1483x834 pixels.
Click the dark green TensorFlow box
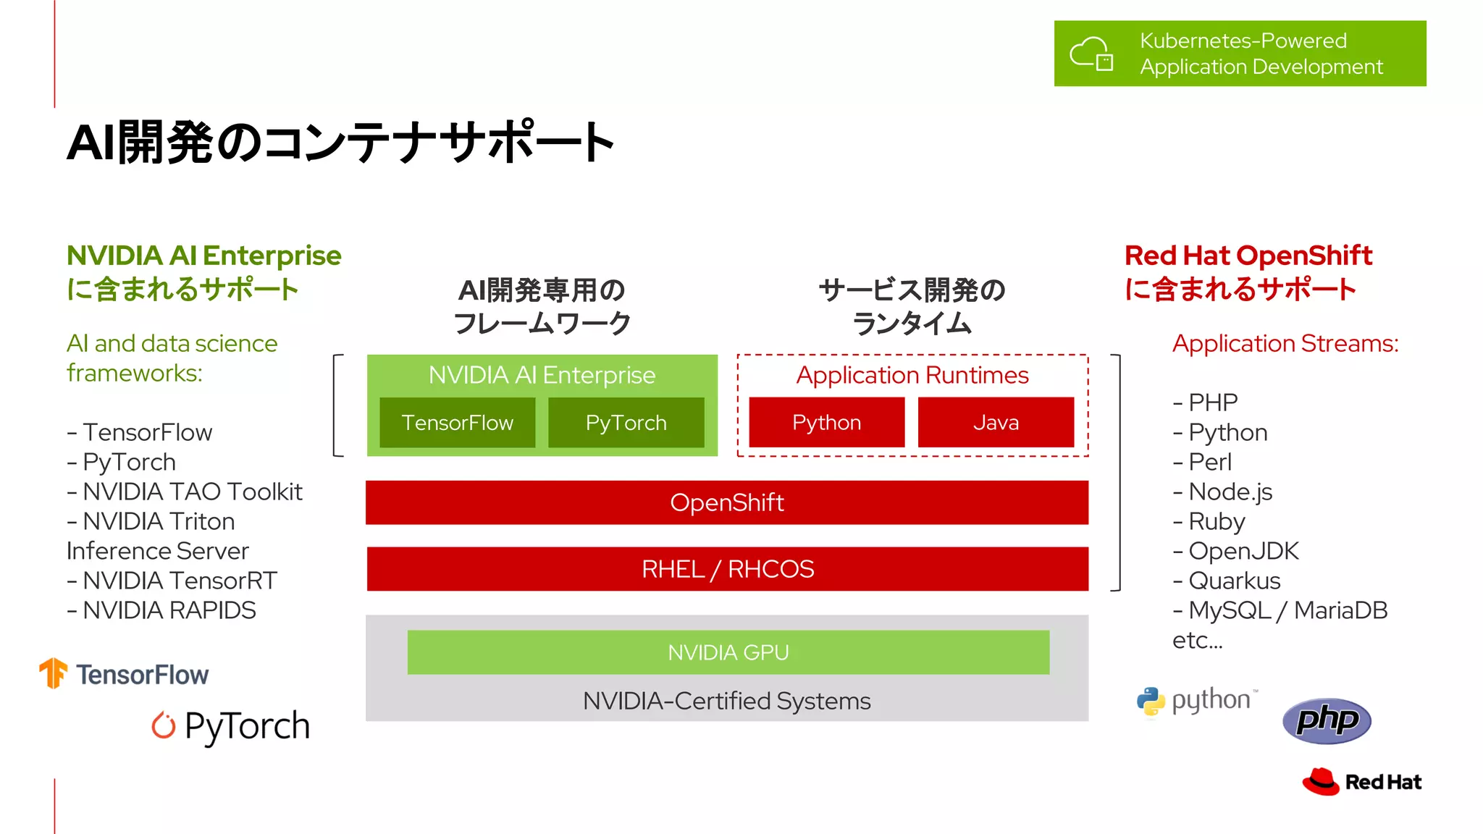tap(457, 423)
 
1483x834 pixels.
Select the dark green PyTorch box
tap(626, 423)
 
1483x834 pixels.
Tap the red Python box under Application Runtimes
tap(826, 423)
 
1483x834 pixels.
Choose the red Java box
tap(996, 423)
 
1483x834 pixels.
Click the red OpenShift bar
tap(726, 502)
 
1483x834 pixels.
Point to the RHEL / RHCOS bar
tap(727, 569)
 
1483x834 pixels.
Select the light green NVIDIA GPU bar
tap(728, 652)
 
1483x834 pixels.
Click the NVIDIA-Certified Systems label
tap(726, 701)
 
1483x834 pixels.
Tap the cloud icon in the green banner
tap(1091, 54)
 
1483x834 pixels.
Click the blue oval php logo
tap(1327, 720)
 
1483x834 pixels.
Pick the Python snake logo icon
tap(1151, 701)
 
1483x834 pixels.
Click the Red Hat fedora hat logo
tap(1321, 782)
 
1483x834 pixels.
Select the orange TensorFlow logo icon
tap(53, 673)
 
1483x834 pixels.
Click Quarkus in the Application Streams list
tap(1234, 581)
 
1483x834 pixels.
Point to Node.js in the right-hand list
tap(1230, 492)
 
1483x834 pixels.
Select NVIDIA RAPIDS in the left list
tap(169, 610)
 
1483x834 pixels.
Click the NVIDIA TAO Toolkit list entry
tap(192, 492)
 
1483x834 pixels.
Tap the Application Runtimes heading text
tap(912, 375)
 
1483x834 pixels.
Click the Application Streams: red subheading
tap(1285, 343)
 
